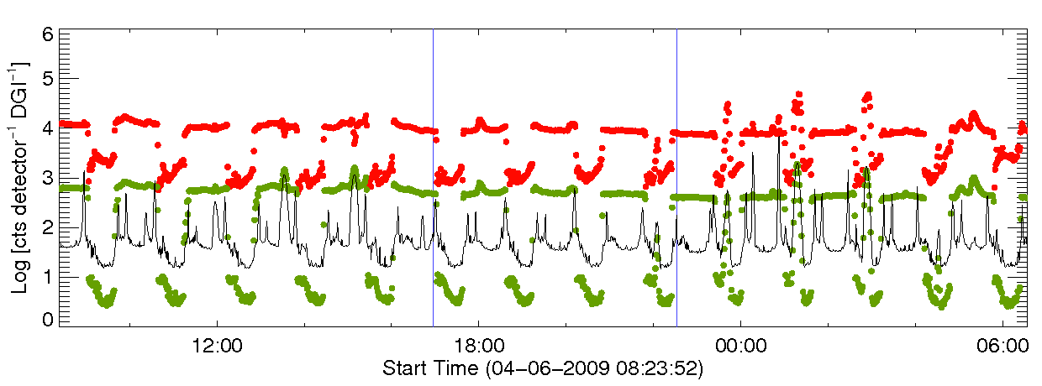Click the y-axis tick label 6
coord(48,34)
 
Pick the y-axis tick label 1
coord(48,274)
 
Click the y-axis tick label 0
coord(48,319)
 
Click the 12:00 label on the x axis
coord(217,346)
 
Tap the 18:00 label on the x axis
coord(478,346)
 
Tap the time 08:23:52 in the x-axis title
coord(660,368)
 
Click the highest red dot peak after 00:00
coord(798,94)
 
